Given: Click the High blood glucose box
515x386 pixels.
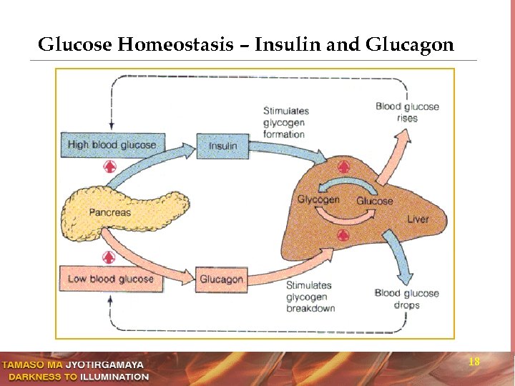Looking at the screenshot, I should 112,144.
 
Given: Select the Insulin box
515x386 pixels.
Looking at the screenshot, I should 222,146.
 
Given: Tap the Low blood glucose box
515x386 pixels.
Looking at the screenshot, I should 111,279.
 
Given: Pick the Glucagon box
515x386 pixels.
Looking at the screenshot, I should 221,279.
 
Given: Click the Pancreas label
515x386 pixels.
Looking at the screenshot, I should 109,212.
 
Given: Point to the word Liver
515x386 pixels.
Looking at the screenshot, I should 418,219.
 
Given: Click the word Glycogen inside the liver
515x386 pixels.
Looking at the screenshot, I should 318,199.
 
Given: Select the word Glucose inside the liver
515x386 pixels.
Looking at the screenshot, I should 375,201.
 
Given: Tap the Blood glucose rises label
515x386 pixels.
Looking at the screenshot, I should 407,112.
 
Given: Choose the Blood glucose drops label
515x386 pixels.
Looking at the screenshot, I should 406,299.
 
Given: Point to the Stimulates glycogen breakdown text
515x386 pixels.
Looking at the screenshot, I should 310,297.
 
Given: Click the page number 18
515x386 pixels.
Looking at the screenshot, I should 474,362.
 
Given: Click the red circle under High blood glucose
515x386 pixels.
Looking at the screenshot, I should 109,167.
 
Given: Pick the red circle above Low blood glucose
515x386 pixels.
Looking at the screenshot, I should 109,257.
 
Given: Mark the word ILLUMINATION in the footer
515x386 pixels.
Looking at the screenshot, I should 114,377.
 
